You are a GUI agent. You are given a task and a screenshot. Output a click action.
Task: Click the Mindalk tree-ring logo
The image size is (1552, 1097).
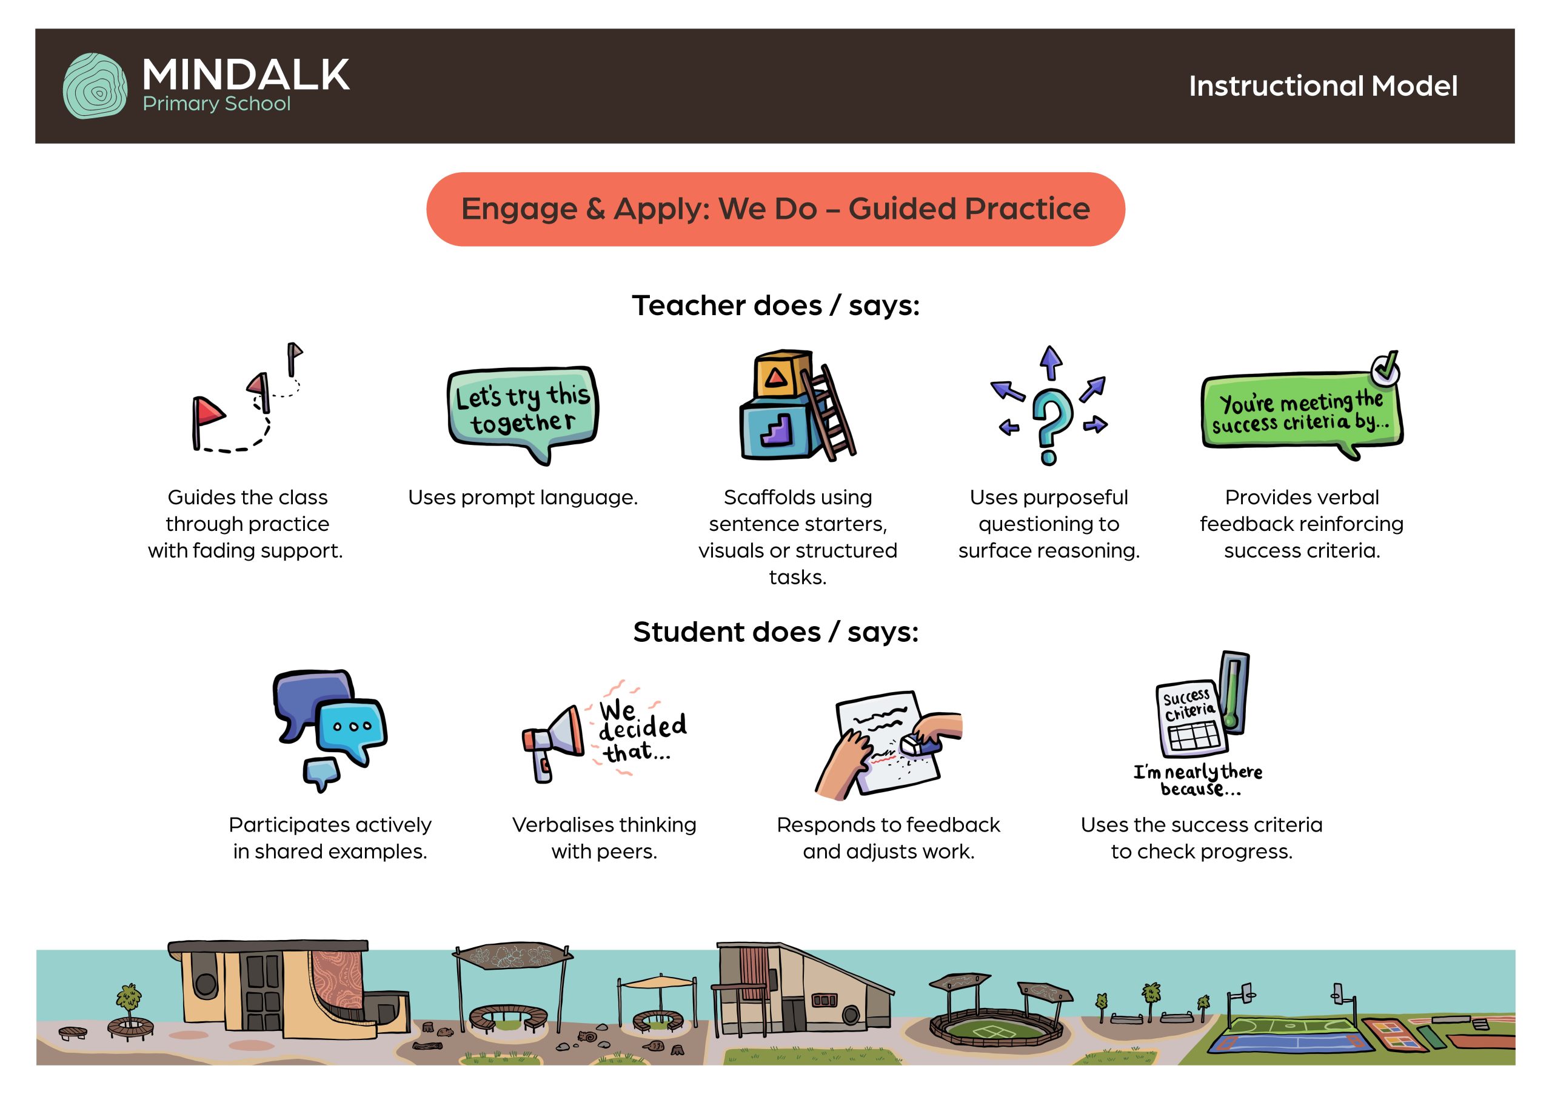point(95,86)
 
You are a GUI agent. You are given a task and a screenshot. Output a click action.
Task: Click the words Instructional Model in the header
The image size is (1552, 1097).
point(1323,86)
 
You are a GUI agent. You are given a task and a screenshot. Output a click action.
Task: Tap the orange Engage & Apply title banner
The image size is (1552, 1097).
point(775,209)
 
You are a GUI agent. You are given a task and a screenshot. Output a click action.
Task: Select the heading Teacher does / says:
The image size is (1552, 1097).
point(776,305)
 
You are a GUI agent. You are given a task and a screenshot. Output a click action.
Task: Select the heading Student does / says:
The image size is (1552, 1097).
point(776,632)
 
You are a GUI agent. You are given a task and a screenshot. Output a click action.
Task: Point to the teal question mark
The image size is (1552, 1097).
point(1050,426)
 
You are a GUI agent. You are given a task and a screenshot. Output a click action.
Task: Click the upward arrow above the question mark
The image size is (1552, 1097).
point(1051,363)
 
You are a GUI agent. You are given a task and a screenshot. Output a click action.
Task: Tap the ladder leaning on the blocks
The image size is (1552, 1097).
point(829,412)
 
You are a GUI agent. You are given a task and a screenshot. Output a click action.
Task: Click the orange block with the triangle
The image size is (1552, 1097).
point(782,376)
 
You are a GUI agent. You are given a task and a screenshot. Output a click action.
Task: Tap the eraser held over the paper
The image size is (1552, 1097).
point(918,745)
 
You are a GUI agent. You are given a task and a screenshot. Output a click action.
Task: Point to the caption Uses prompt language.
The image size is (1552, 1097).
point(523,498)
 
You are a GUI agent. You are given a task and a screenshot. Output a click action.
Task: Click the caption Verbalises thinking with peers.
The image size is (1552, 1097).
point(604,838)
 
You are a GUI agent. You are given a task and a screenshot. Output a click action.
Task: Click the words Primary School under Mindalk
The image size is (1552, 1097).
point(216,104)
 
